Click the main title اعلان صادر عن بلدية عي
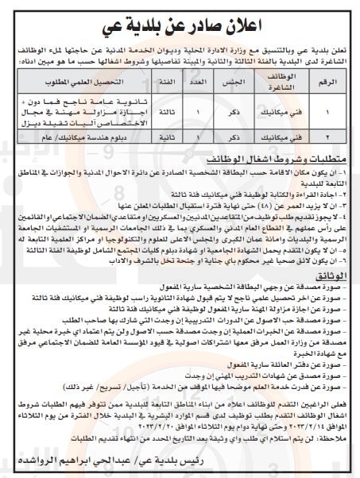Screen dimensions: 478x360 (x=180, y=16)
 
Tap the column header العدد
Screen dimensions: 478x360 (x=196, y=83)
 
